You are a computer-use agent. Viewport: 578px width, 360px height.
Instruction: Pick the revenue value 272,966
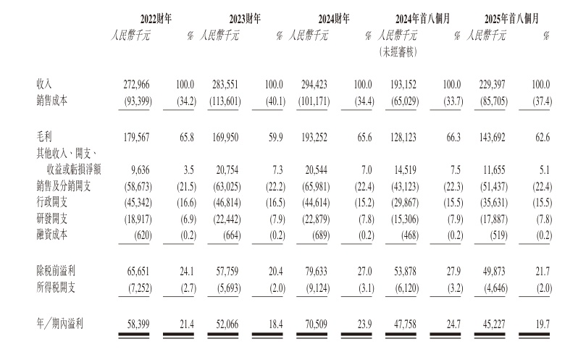click(x=132, y=85)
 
